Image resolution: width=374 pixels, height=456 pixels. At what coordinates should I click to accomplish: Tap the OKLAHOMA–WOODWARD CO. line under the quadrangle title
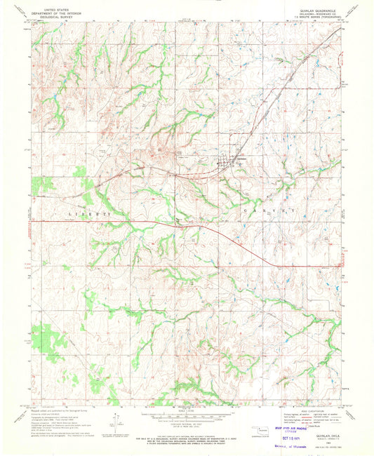click(x=319, y=11)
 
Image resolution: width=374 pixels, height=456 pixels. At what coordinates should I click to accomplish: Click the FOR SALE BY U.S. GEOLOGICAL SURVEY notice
click(x=186, y=439)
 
